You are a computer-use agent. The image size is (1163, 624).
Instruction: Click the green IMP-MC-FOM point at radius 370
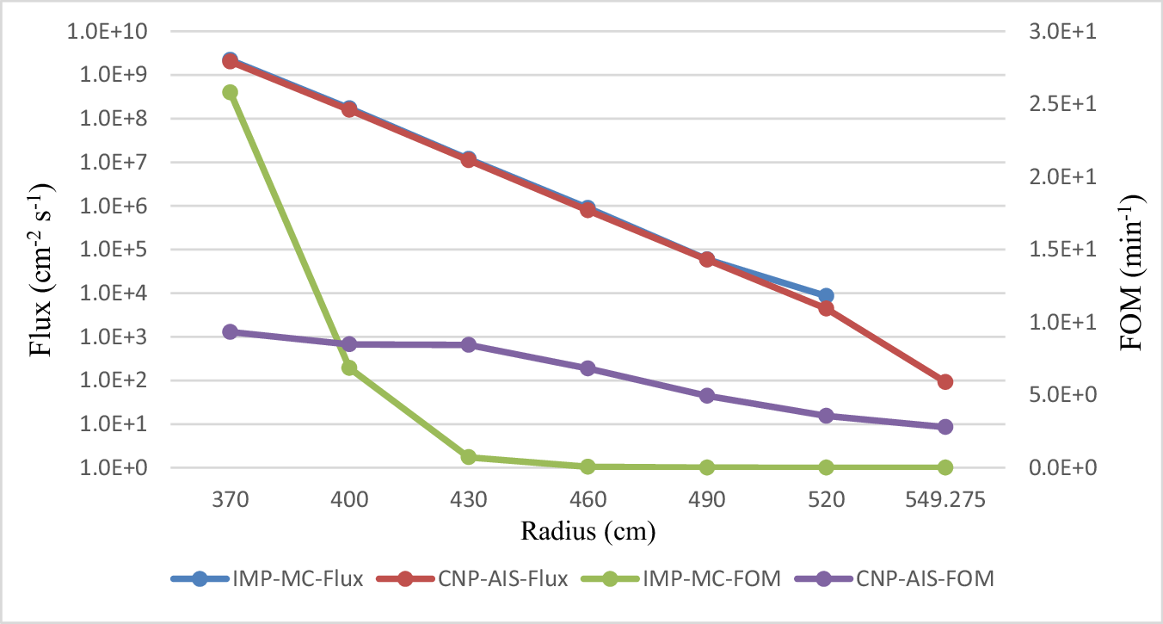[x=230, y=92]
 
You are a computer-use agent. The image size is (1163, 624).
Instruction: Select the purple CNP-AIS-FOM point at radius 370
[x=230, y=331]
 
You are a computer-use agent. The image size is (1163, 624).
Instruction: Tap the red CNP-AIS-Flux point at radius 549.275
[x=945, y=381]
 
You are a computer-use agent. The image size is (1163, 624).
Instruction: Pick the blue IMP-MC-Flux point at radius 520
[x=826, y=295]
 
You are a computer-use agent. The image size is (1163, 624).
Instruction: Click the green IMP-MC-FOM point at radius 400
[x=349, y=368]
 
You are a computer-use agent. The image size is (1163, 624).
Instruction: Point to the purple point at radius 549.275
[x=945, y=427]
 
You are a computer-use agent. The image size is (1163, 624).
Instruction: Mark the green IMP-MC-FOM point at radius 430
[x=469, y=457]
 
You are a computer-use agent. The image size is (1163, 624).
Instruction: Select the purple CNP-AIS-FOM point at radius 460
[x=588, y=368]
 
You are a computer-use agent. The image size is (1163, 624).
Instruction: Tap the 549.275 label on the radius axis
[x=945, y=499]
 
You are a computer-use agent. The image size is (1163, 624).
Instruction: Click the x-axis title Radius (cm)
[x=588, y=530]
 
